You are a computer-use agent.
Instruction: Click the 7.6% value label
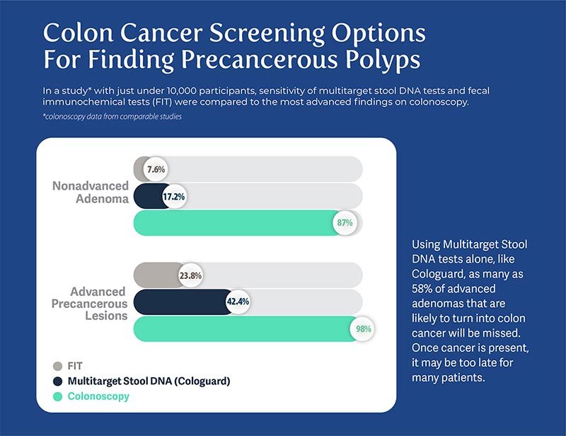click(156, 169)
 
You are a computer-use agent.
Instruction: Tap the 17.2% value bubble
click(173, 197)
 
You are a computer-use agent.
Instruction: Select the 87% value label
click(345, 222)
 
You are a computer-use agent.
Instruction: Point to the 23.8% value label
click(190, 275)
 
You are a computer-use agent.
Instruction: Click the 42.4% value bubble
click(238, 302)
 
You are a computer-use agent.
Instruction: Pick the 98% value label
click(364, 328)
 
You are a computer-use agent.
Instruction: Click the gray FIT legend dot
click(58, 366)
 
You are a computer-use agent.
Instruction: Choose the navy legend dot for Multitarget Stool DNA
click(58, 381)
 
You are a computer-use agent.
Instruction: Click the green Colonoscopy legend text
click(98, 396)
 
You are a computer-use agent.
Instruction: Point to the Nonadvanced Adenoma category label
click(91, 193)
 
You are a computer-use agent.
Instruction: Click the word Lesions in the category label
click(107, 316)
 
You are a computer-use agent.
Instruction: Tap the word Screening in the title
click(267, 33)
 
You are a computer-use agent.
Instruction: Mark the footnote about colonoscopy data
click(112, 117)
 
